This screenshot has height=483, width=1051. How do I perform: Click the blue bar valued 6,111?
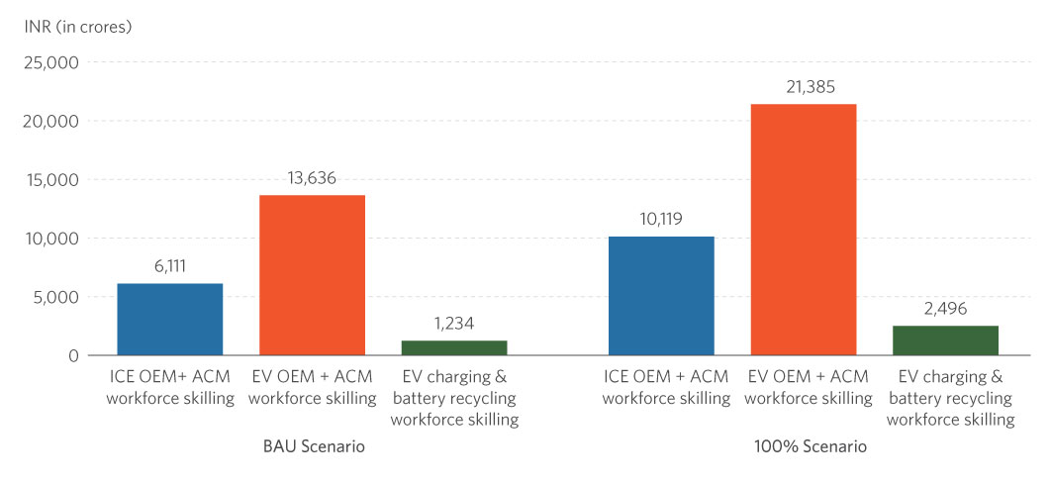170,319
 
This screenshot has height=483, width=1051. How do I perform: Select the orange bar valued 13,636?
312,275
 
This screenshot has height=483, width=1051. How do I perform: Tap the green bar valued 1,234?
454,347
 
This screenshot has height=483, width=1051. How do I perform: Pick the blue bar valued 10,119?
661,296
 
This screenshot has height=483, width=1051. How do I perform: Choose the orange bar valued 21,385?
804,230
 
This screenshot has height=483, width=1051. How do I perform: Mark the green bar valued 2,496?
946,340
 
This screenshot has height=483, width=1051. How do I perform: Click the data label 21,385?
804,87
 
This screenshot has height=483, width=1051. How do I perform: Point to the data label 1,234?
454,324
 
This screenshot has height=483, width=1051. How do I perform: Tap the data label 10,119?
661,220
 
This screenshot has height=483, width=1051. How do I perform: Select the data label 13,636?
312,178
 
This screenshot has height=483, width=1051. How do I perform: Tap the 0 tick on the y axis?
72,355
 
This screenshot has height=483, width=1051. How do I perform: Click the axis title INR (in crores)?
78,26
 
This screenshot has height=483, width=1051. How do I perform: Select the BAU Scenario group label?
313,447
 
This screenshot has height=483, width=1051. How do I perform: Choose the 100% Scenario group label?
804,447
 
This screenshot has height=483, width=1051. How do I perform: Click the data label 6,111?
170,266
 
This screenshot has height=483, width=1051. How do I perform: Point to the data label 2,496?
946,309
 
